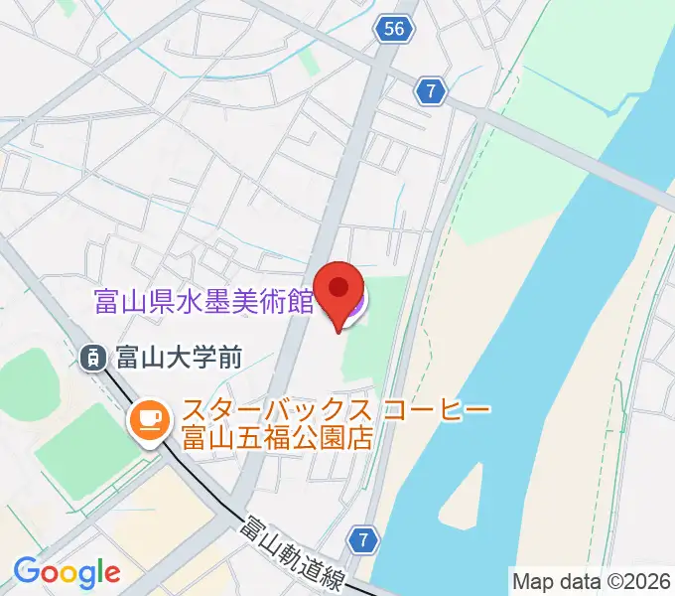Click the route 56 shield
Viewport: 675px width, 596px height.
(x=394, y=30)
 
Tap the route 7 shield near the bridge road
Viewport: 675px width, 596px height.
(x=429, y=91)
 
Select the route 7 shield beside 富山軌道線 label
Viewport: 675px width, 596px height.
(x=364, y=540)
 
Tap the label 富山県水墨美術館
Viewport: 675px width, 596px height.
(x=203, y=301)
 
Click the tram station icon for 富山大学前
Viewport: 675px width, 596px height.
(x=93, y=358)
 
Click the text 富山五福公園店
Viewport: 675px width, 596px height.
(x=277, y=437)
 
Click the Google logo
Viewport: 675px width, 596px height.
(x=67, y=572)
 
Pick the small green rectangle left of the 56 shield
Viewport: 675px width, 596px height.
(x=309, y=62)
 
